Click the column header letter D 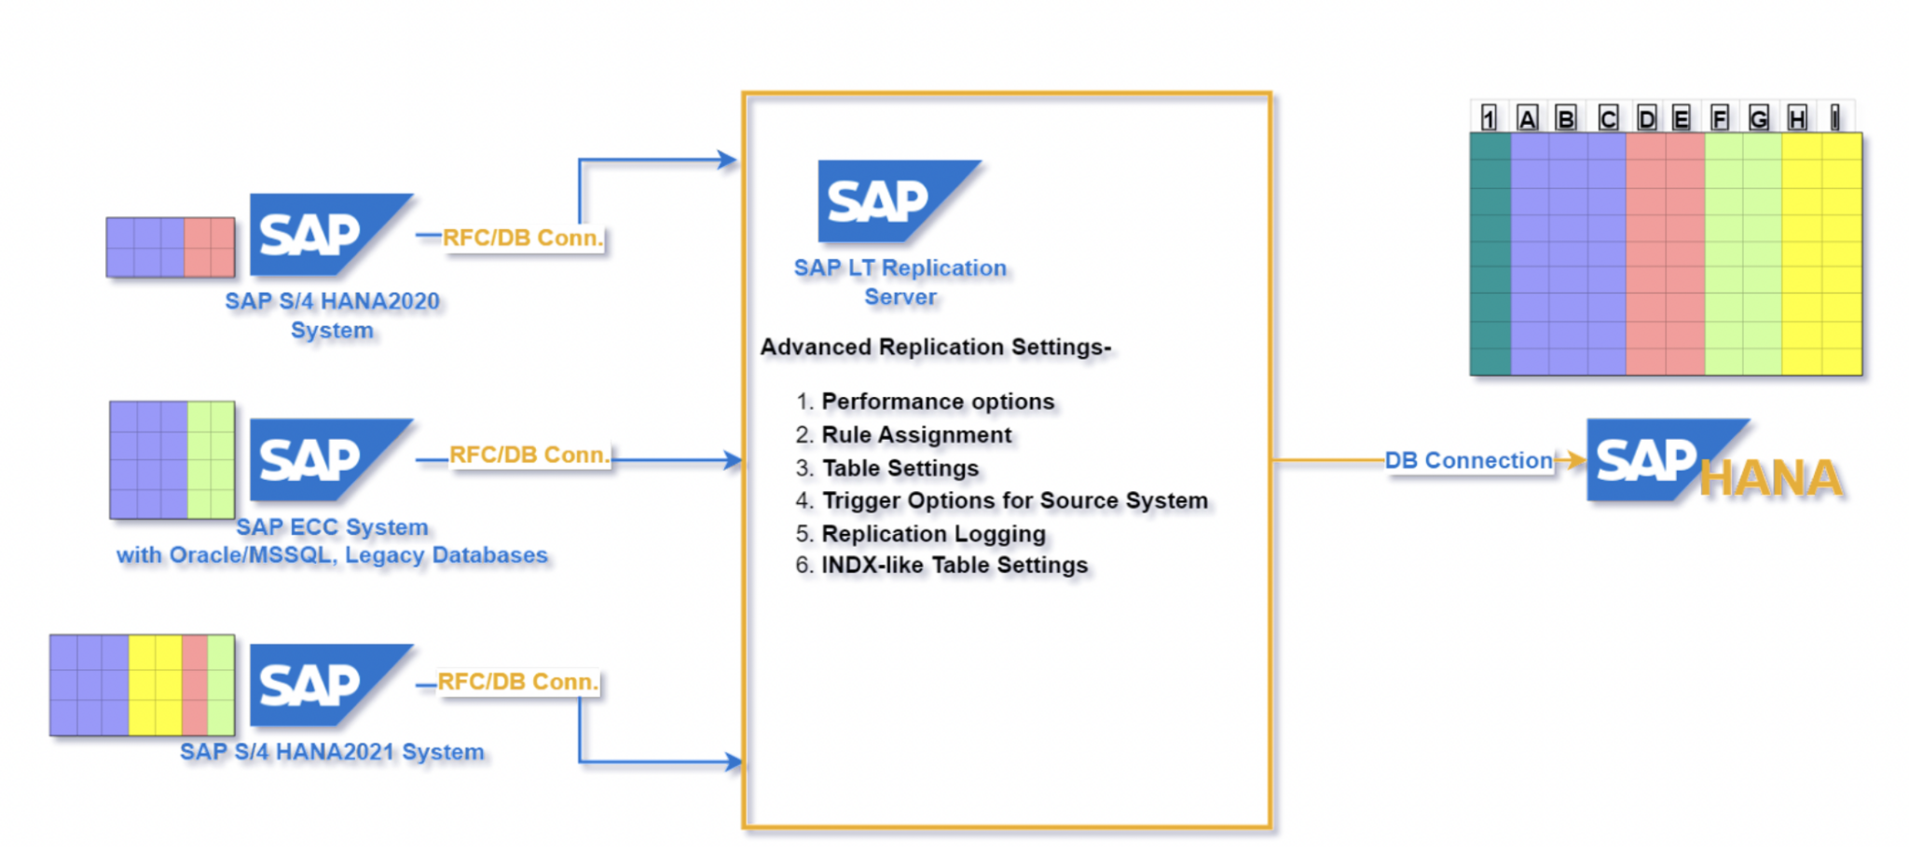[1646, 119]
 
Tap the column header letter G [1758, 119]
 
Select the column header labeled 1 [1489, 119]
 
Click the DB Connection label [1468, 460]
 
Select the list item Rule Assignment [915, 435]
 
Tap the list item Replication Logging [933, 534]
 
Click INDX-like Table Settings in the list [954, 566]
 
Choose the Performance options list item [937, 402]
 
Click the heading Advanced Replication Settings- [935, 348]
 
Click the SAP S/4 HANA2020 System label [332, 315]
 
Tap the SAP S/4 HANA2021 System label [332, 752]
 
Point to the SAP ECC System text [332, 527]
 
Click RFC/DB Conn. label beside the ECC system [529, 455]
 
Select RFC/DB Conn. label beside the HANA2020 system [522, 238]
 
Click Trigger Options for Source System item [1014, 501]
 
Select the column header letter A [1527, 119]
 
